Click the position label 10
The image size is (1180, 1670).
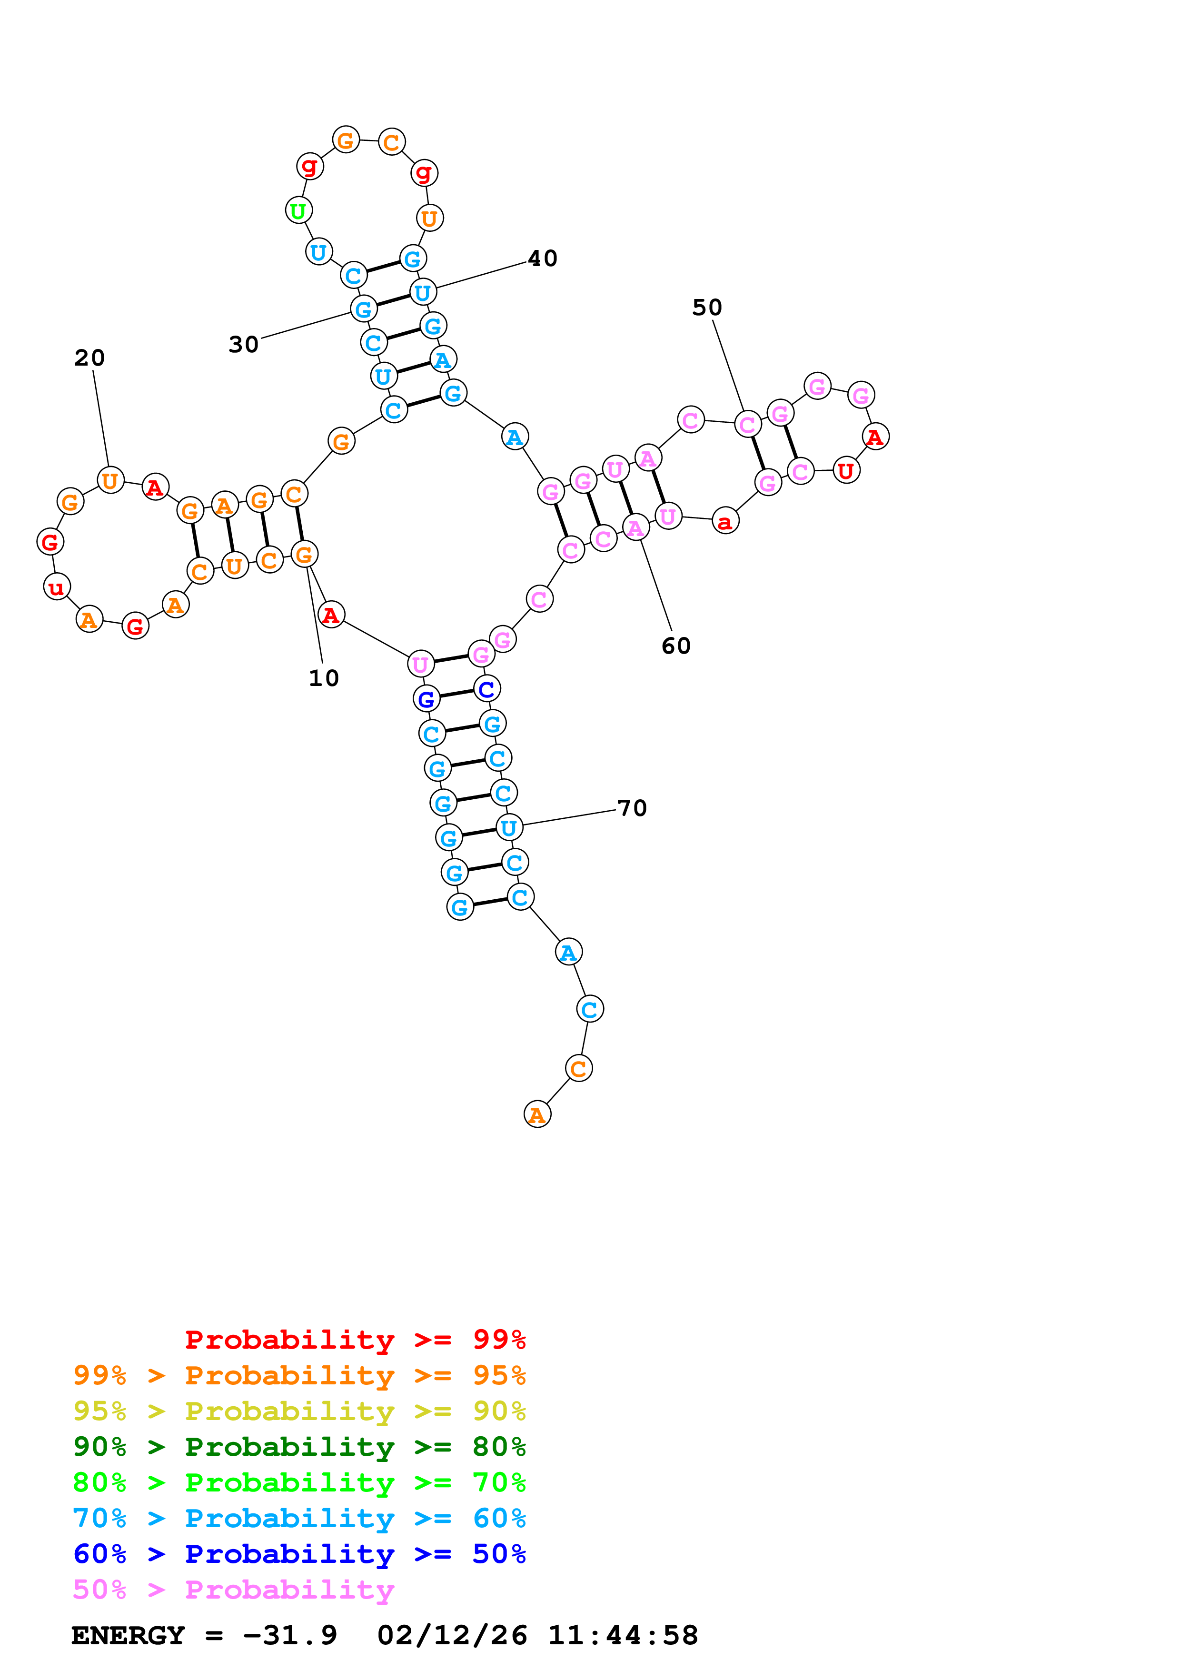pyautogui.click(x=324, y=678)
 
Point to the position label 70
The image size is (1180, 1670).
pyautogui.click(x=632, y=808)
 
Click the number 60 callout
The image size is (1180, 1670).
pyautogui.click(x=676, y=646)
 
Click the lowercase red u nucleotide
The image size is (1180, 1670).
pyautogui.click(x=57, y=587)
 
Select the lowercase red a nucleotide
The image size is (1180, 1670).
pyautogui.click(x=725, y=521)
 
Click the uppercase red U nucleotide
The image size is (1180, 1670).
pyautogui.click(x=845, y=471)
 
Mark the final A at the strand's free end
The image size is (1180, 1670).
pyautogui.click(x=537, y=1114)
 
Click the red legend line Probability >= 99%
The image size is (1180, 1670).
pyautogui.click(x=355, y=1340)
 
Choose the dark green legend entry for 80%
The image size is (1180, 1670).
pyautogui.click(x=299, y=1447)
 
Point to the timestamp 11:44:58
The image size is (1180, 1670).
pyautogui.click(x=622, y=1635)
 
